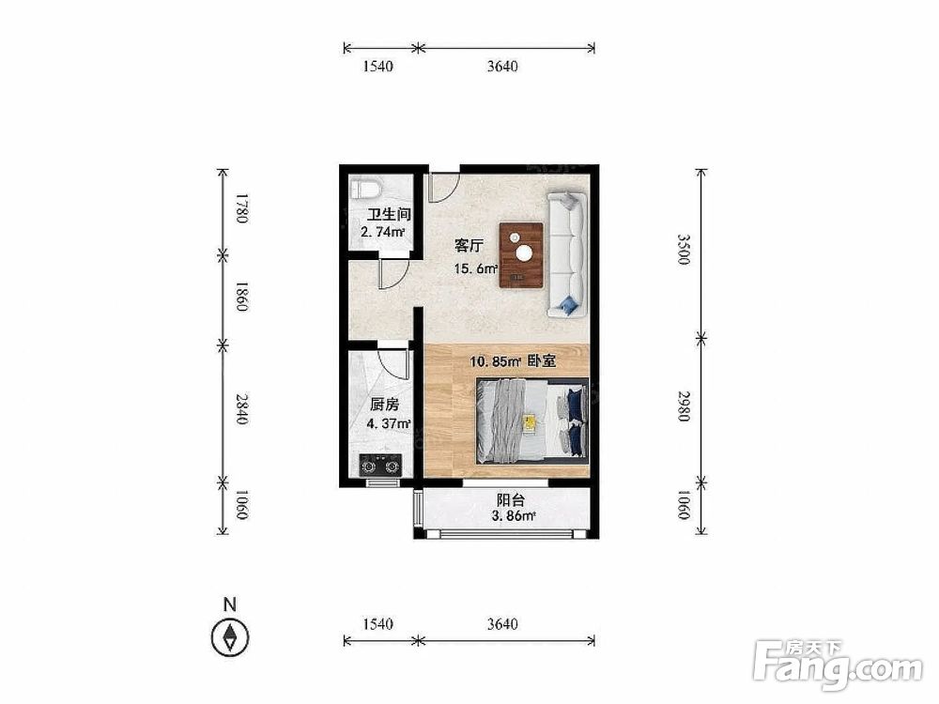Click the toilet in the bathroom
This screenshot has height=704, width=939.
coord(365,190)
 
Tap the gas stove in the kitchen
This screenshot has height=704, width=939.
coord(380,466)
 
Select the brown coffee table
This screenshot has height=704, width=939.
coord(522,255)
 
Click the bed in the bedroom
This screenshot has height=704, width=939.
coord(532,421)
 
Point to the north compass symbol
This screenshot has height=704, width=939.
coord(230,637)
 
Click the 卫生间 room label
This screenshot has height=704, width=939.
coord(389,214)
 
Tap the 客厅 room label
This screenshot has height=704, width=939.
coord(469,245)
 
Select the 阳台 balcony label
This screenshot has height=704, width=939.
coord(510,500)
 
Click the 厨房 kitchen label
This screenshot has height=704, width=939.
coord(384,406)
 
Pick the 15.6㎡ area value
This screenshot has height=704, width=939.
coord(476,268)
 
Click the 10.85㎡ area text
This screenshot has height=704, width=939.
coord(495,361)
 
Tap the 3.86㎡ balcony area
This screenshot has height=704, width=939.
coord(514,516)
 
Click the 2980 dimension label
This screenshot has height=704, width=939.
coord(684,406)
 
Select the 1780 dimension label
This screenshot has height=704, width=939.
coord(240,207)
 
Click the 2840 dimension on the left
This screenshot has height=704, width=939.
coord(240,409)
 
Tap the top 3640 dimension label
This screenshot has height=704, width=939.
coord(501,67)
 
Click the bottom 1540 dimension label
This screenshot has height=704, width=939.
coord(377,624)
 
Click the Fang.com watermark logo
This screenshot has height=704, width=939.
coord(839,664)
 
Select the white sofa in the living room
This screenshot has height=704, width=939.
coord(566,253)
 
